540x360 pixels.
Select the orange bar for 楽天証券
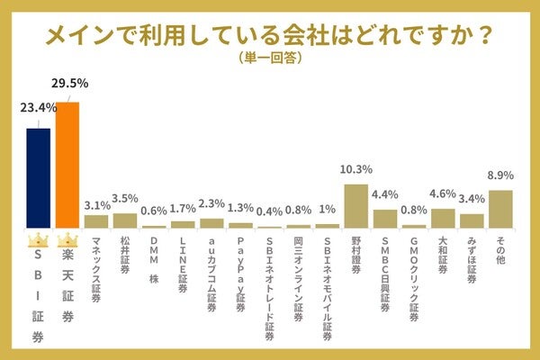point(67,166)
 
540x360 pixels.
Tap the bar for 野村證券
point(356,206)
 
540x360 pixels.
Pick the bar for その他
point(500,209)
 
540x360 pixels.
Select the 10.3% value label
point(356,170)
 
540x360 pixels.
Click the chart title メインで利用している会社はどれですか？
point(269,34)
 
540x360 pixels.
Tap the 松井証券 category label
point(125,256)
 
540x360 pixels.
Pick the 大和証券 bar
point(443,219)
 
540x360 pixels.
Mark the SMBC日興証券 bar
point(385,219)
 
